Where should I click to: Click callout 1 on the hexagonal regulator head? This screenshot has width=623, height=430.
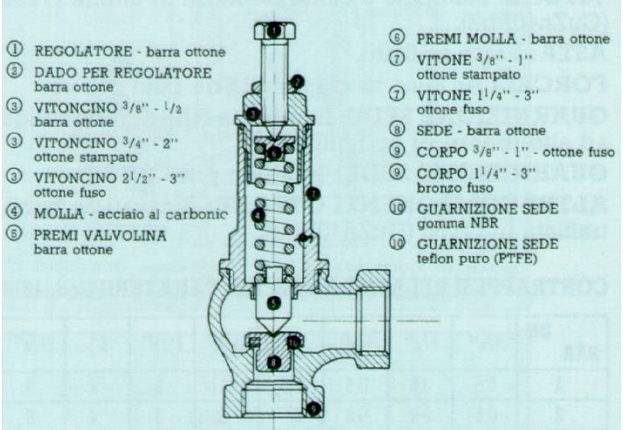[274, 30]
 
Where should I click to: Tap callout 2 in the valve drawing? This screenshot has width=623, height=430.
[297, 83]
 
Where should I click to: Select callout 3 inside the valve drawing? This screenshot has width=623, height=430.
[253, 114]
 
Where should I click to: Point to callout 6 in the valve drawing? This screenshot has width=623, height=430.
[274, 152]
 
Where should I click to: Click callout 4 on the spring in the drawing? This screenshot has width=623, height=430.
[258, 214]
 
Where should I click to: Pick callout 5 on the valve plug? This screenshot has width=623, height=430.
[274, 303]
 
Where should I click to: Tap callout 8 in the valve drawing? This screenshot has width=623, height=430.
[274, 361]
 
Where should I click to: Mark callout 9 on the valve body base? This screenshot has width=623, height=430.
[314, 408]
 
